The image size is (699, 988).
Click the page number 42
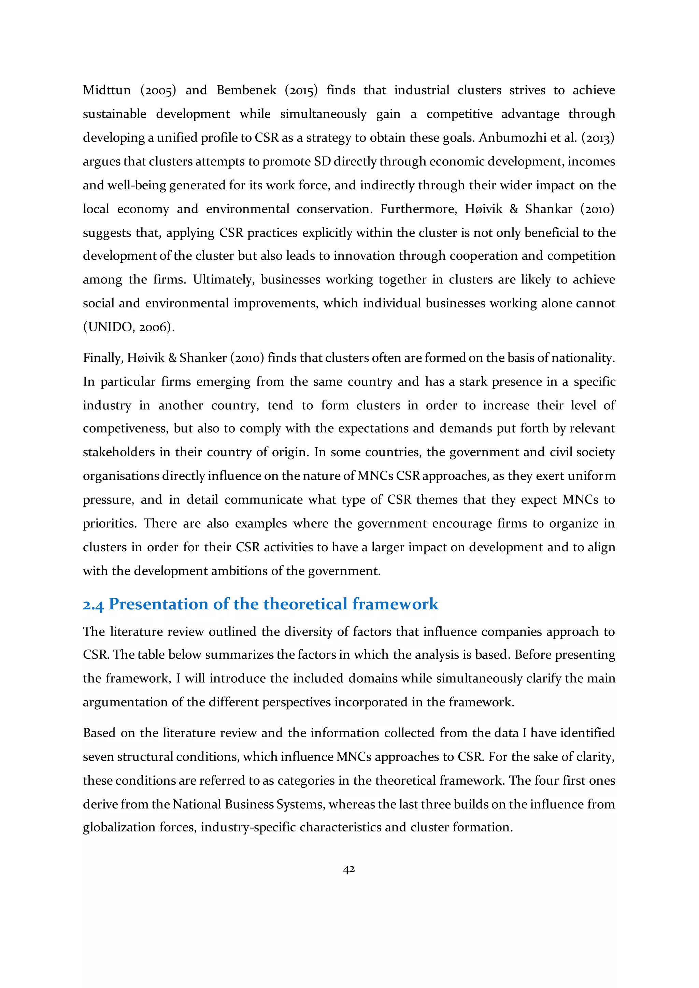(x=348, y=869)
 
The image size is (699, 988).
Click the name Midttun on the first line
(x=107, y=90)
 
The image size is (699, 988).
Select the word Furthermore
(x=418, y=209)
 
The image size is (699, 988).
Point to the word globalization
(x=119, y=828)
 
